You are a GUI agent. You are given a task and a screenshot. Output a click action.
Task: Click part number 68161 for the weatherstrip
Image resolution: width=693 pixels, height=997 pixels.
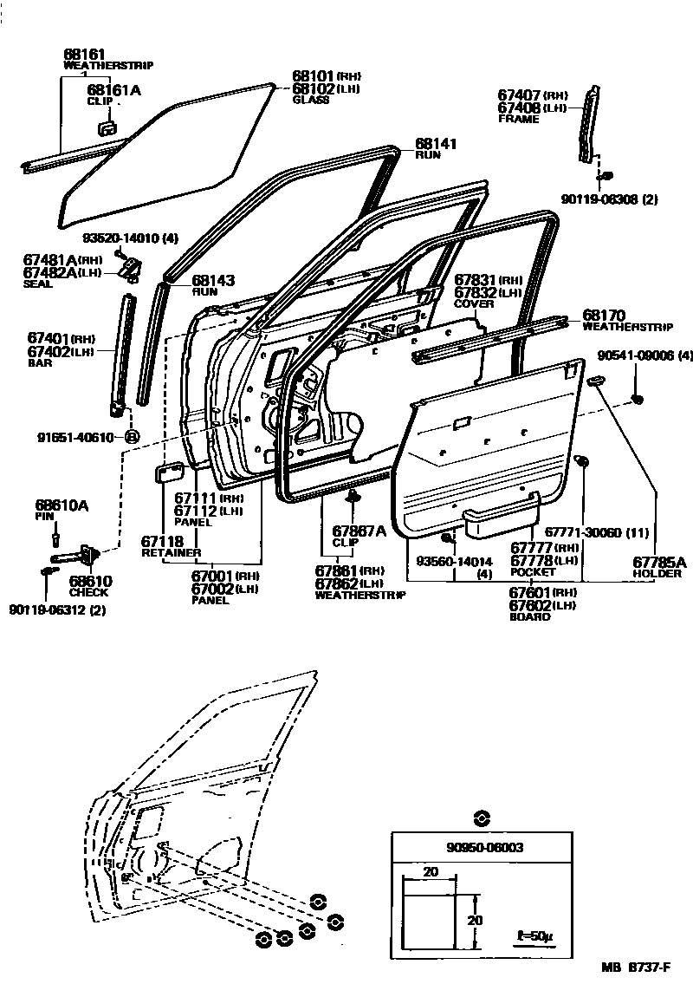[81, 54]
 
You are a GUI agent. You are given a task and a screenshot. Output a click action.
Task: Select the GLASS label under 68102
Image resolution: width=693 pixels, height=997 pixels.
[310, 100]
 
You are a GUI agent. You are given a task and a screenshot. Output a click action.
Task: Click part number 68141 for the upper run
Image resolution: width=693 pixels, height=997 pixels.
[435, 144]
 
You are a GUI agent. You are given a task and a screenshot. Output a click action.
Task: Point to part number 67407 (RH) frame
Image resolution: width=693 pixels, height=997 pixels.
[518, 96]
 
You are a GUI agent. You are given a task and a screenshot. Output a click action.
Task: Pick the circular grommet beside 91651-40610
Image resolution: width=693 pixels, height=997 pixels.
[132, 436]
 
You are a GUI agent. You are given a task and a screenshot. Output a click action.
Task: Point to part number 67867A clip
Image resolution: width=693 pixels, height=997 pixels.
[359, 531]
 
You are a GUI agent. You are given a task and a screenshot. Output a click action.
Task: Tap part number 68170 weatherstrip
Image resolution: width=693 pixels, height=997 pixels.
[605, 316]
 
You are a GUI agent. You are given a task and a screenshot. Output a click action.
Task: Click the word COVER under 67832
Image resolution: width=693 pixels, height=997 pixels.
[474, 304]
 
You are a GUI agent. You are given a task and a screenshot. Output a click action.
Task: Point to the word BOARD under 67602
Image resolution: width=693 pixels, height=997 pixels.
[529, 616]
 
